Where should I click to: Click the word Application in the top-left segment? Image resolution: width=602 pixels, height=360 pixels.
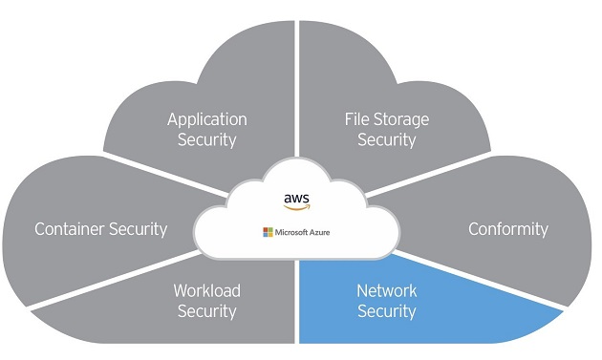click(206, 119)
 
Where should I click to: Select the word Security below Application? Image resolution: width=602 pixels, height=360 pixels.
click(206, 139)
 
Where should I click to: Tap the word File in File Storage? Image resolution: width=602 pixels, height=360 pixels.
click(359, 119)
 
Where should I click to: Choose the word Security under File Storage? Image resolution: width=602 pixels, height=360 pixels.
click(386, 139)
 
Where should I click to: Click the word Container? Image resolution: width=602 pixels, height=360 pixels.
click(71, 229)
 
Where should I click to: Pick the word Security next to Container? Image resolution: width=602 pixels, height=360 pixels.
click(138, 229)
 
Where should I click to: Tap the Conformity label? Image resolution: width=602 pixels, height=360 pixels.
click(507, 229)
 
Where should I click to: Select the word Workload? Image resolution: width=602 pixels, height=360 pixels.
click(206, 290)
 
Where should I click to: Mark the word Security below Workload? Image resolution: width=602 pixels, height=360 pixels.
click(206, 310)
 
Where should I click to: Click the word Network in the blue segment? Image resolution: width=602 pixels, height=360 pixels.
click(386, 290)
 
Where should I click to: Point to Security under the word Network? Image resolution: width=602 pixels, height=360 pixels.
click(386, 310)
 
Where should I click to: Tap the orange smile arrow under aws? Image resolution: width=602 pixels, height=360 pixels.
click(297, 207)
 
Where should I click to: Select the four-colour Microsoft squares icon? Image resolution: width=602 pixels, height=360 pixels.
click(268, 232)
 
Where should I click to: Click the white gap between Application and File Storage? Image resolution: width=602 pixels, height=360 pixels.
click(296, 95)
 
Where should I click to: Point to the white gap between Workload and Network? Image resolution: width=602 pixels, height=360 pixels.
click(296, 306)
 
